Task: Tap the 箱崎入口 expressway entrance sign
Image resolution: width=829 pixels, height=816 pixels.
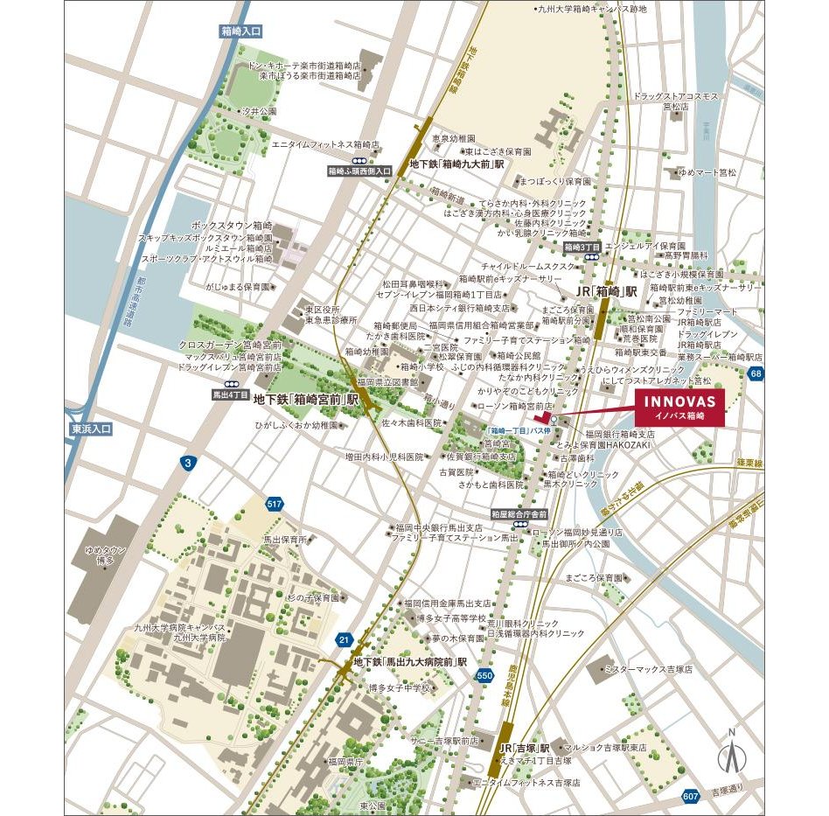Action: pos(240,31)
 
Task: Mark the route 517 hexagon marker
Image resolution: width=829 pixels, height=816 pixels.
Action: pos(275,503)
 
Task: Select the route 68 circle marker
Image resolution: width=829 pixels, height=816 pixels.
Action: pos(756,374)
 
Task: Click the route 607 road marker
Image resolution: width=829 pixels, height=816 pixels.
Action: pos(691,796)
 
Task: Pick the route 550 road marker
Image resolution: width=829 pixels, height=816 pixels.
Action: pos(485,675)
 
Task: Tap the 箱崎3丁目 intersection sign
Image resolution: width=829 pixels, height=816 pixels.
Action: pos(582,248)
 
